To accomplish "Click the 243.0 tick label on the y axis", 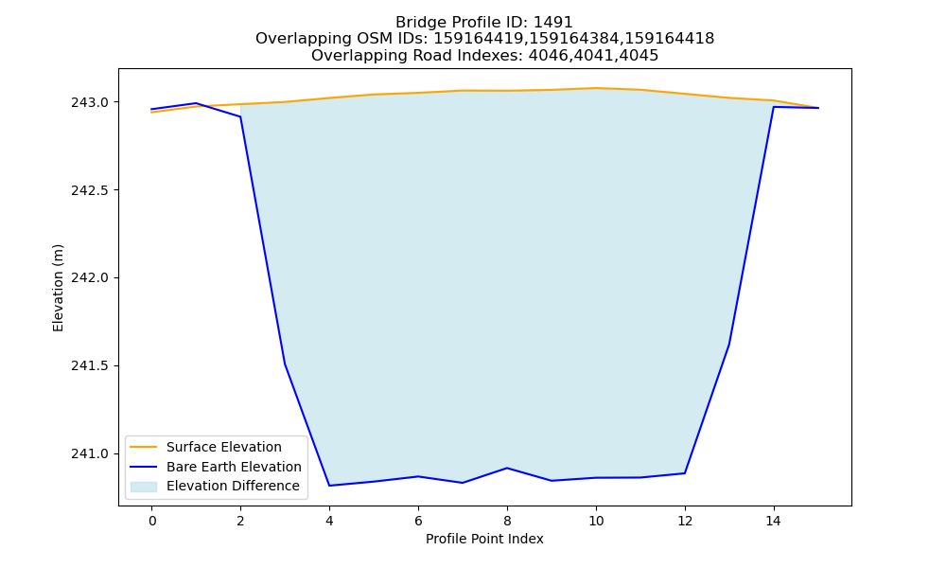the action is tap(91, 102).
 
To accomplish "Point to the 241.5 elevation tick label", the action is tap(91, 366).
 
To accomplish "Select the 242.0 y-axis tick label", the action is tap(91, 278).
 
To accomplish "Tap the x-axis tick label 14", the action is tap(774, 521).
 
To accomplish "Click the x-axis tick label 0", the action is tap(152, 521).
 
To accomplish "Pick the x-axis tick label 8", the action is tap(507, 521).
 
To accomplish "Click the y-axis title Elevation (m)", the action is tap(58, 288).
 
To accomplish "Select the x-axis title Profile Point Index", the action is tap(484, 539).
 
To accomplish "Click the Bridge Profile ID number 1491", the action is tap(553, 23).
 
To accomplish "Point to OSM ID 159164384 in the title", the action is tap(574, 39).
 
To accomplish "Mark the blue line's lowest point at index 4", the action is tap(329, 486).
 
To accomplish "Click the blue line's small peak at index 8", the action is tap(507, 468).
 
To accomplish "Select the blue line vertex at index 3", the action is tap(285, 364).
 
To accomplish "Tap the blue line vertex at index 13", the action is tap(729, 344).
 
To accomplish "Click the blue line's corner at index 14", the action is tap(774, 107).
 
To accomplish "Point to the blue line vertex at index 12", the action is tap(685, 473).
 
